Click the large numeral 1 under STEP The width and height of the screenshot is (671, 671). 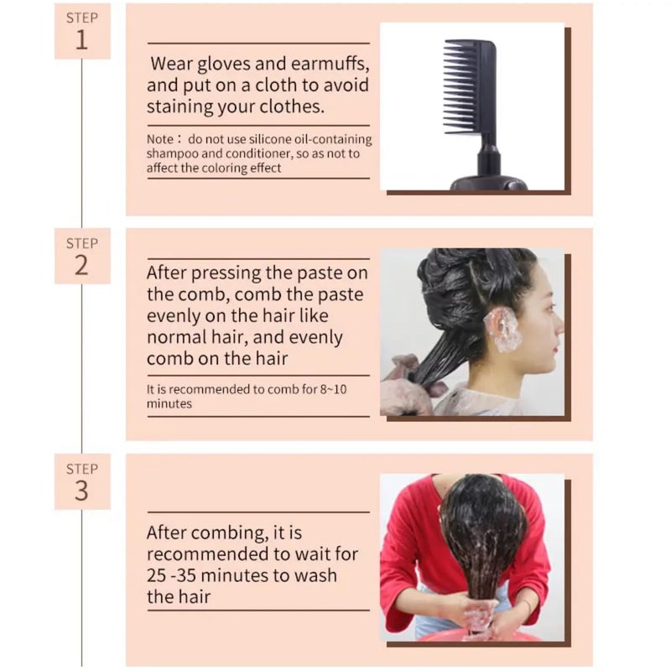[81, 40]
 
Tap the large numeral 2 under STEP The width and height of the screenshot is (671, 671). [81, 265]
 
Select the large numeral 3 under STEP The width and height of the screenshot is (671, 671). [81, 491]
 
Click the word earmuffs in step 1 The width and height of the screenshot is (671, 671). [330, 64]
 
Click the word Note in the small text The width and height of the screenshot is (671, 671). [160, 139]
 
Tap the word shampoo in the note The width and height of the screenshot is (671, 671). [172, 154]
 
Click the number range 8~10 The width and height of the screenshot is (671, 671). [333, 389]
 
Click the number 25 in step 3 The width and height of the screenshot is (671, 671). [156, 575]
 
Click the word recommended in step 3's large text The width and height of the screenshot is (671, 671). [211, 554]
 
